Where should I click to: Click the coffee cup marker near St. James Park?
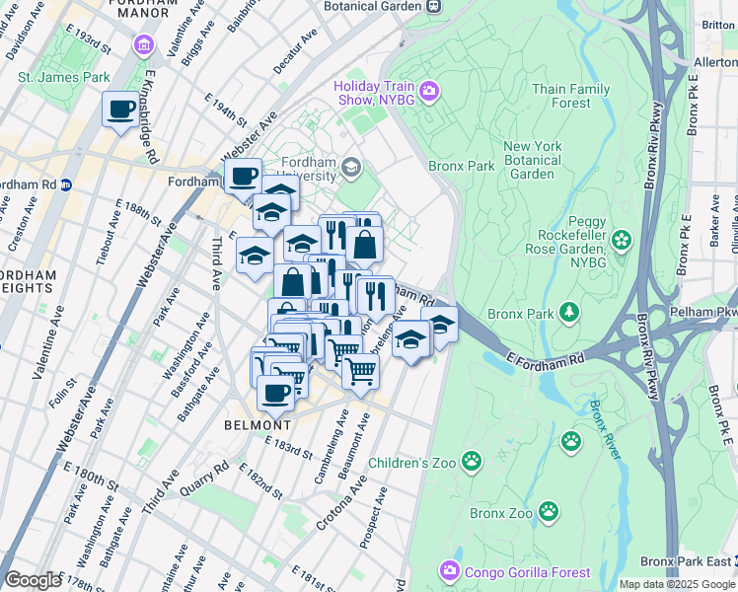pyautogui.click(x=121, y=109)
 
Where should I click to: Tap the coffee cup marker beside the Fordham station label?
pyautogui.click(x=242, y=177)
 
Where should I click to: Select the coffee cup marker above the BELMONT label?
pyautogui.click(x=275, y=392)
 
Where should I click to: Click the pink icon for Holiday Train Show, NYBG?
pyautogui.click(x=429, y=94)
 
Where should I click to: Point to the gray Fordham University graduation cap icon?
pyautogui.click(x=351, y=167)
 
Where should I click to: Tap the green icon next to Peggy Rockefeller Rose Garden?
pyautogui.click(x=622, y=239)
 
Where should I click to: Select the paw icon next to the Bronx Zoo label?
pyautogui.click(x=549, y=512)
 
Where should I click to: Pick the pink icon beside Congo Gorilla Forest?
pyautogui.click(x=450, y=571)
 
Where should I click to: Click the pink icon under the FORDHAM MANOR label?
pyautogui.click(x=145, y=45)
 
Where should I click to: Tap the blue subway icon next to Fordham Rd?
pyautogui.click(x=66, y=185)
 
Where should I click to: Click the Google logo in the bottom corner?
pyautogui.click(x=33, y=579)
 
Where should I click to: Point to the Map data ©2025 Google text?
pyautogui.click(x=677, y=584)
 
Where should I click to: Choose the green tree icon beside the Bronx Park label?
pyautogui.click(x=568, y=313)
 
